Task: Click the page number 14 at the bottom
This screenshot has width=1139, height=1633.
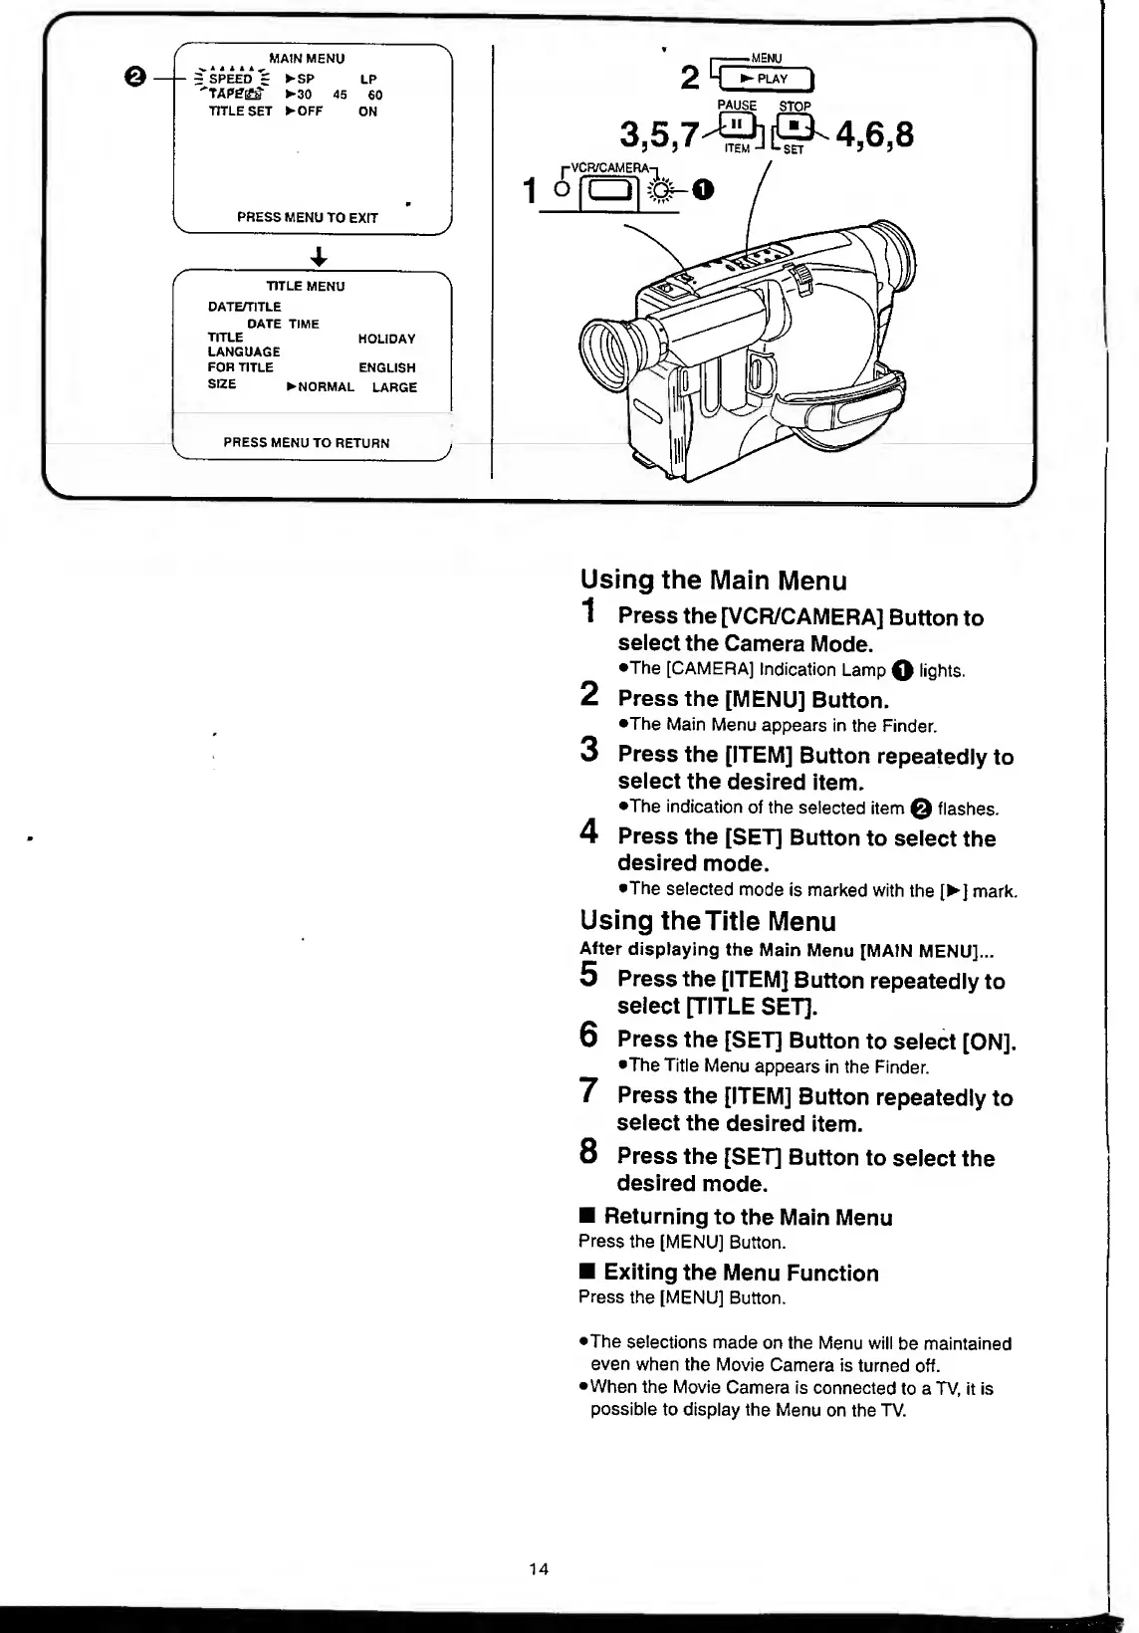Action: click(x=539, y=1569)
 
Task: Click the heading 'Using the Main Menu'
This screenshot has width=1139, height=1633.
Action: click(x=713, y=581)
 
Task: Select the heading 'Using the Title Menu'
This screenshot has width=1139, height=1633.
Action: click(x=707, y=921)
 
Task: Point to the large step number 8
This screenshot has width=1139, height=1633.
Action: click(x=589, y=1152)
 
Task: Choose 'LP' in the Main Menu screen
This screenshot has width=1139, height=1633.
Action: click(x=368, y=79)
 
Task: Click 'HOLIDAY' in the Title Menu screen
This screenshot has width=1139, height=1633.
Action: click(x=386, y=340)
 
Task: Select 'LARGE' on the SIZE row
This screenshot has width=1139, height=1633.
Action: click(x=394, y=387)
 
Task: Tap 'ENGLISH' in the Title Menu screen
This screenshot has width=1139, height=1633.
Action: click(x=386, y=367)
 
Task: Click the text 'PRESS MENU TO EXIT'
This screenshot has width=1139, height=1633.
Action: click(x=307, y=217)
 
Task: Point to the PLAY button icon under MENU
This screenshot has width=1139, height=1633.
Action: click(x=767, y=80)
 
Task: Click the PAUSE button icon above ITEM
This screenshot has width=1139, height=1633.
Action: click(x=738, y=126)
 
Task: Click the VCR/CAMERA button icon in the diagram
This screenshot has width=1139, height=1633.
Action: click(x=606, y=189)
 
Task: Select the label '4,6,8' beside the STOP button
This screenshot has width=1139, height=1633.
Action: click(x=875, y=133)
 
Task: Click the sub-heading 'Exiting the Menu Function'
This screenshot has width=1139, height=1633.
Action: click(x=741, y=1273)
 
